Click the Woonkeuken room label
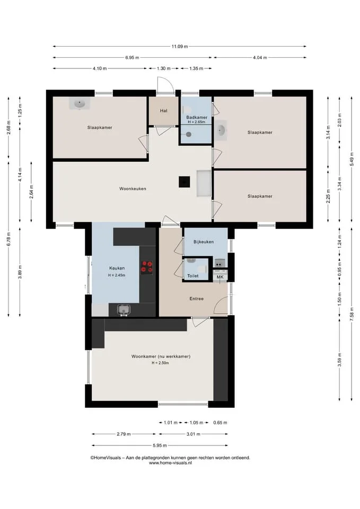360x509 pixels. [133, 189]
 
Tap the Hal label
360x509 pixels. [164, 111]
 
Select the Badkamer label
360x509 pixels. [197, 117]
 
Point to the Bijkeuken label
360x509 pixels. [204, 242]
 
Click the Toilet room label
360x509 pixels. [193, 276]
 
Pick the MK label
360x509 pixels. [220, 277]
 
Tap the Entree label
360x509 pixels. [196, 299]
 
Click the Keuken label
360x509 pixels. [117, 268]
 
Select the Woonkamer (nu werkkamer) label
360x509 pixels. [161, 356]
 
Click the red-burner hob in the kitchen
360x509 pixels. [146, 267]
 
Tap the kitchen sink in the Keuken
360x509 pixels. [124, 310]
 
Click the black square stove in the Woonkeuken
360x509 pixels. [185, 182]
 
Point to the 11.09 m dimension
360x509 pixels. [180, 47]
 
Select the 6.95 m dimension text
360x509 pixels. [132, 58]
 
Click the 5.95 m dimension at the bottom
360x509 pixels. [160, 445]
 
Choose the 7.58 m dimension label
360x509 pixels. [352, 314]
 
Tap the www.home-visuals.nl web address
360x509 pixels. [170, 463]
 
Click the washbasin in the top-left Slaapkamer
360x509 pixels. [79, 103]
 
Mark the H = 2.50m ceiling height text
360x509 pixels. [160, 363]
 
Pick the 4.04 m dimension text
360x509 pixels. [260, 58]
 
